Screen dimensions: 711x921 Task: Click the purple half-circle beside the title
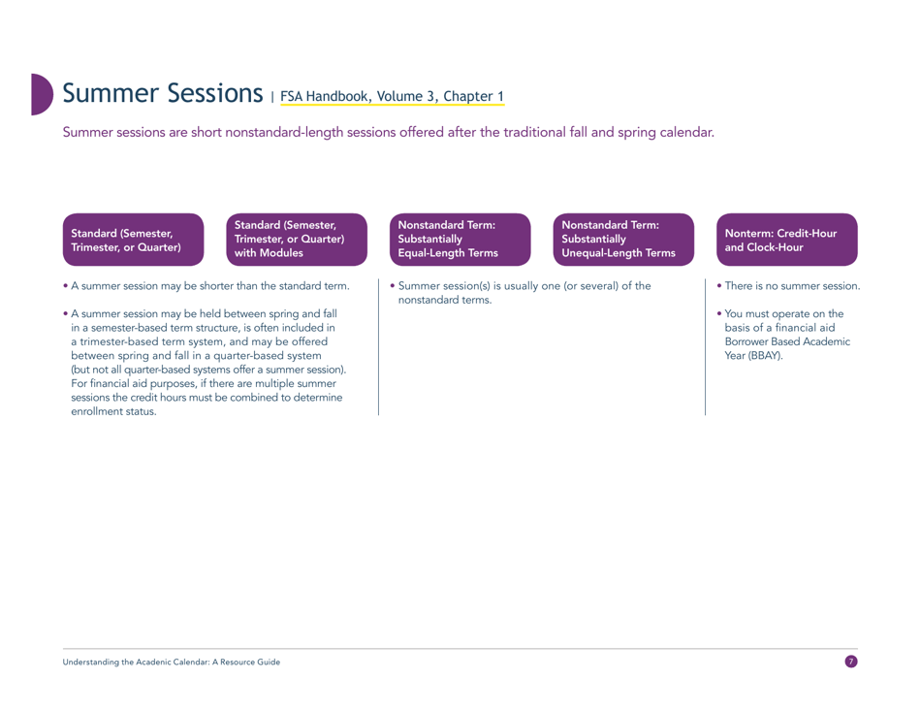click(41, 93)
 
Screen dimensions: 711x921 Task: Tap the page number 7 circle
click(851, 662)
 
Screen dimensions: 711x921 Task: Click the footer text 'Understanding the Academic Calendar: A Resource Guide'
click(172, 662)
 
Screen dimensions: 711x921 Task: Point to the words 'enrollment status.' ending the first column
click(114, 413)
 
